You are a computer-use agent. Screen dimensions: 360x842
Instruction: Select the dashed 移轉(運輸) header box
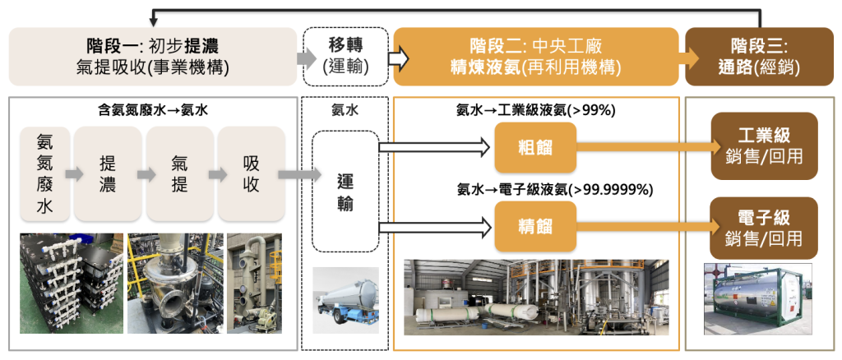click(345, 57)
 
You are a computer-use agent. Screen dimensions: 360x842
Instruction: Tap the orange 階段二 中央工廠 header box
click(534, 57)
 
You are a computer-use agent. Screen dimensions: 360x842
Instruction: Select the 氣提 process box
click(179, 174)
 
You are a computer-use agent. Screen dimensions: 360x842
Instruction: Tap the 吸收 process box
click(251, 174)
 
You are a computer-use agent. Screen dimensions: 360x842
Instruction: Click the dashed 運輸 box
click(345, 192)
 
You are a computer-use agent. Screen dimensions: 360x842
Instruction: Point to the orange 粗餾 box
click(534, 147)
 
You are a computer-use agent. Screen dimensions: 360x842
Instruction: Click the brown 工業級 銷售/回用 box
click(764, 146)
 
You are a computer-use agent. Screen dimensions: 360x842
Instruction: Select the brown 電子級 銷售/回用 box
click(764, 228)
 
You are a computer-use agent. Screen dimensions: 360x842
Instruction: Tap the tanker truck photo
click(345, 300)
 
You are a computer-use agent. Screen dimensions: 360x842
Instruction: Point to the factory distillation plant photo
click(536, 297)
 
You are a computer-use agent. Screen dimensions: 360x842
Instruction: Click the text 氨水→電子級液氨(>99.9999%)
click(555, 190)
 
